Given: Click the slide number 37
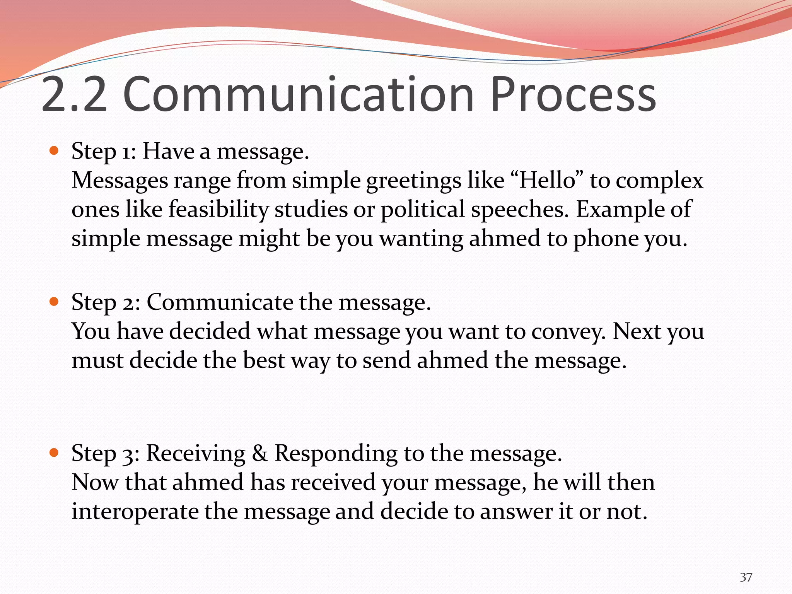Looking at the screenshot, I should point(746,577).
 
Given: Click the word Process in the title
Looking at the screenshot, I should point(573,94).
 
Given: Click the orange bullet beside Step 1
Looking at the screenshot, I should point(54,150).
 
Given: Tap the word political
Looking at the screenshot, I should point(423,210).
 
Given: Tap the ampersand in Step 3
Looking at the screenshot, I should point(260,453).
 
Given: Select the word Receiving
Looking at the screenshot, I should point(196,454).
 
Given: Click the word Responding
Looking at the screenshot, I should point(336,454).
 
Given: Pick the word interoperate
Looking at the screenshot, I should point(135,512).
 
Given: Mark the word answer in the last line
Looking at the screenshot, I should point(516,512).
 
